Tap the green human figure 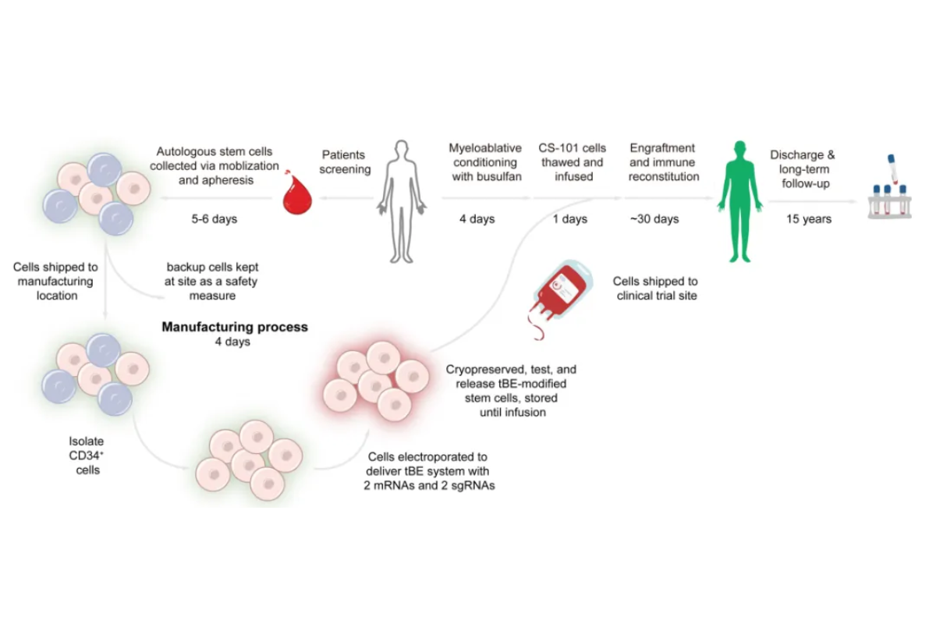(736, 201)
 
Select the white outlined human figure (402, 201)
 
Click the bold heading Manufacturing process (234, 327)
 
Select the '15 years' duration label (808, 219)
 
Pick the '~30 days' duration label (654, 219)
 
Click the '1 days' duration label (569, 219)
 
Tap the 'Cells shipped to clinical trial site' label (655, 288)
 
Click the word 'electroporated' (438, 456)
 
